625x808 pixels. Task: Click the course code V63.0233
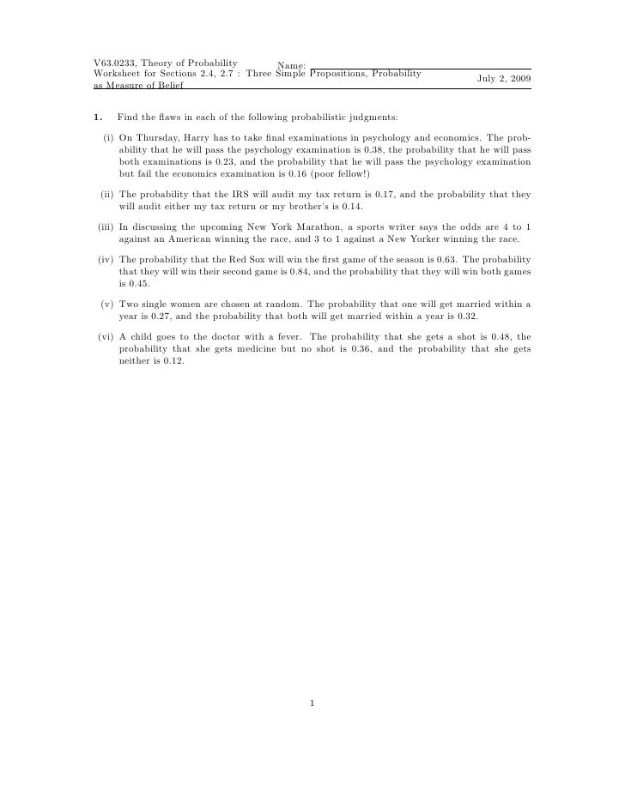[x=116, y=63]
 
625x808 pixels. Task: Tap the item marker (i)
[x=108, y=137]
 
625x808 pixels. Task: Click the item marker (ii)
[x=107, y=195]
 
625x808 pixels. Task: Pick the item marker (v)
[x=107, y=304]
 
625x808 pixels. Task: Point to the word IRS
[x=213, y=195]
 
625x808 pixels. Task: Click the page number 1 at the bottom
[x=312, y=705]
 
